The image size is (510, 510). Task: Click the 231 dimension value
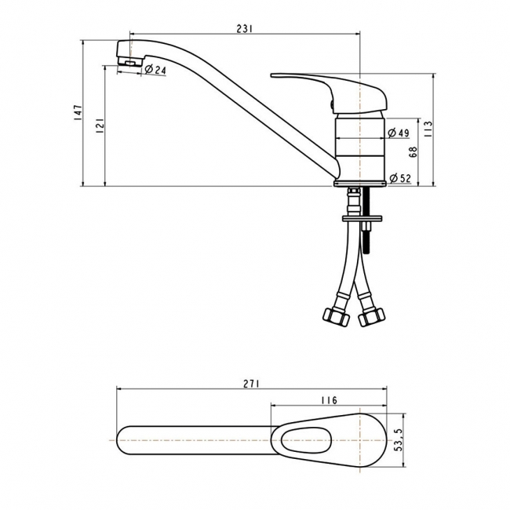click(244, 29)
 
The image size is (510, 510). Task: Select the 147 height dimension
click(78, 113)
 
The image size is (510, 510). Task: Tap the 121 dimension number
click(99, 126)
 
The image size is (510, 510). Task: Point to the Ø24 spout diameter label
click(155, 71)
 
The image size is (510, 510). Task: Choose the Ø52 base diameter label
click(400, 178)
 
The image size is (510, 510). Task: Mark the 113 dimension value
click(427, 129)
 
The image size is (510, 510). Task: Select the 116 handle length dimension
click(329, 400)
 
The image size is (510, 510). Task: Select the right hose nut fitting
click(370, 316)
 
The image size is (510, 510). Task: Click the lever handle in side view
click(330, 86)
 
